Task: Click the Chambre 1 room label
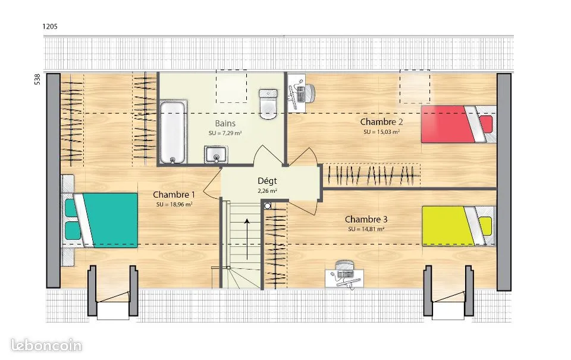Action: (174, 195)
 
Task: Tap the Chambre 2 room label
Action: (382, 122)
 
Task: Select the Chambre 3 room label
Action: (366, 220)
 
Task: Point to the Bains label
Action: (225, 124)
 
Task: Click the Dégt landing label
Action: (267, 181)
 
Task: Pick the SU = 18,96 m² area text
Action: (174, 205)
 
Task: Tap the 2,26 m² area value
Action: (267, 190)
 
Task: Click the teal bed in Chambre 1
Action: (100, 220)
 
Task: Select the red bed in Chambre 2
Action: (459, 124)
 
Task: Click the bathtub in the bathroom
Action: (172, 132)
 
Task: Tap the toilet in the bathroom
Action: (268, 104)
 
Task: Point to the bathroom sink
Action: (215, 155)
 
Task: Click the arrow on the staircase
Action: (247, 239)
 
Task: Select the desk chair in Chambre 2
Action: (309, 93)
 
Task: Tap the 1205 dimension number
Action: (50, 26)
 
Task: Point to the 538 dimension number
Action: (37, 79)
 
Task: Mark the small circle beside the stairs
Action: (268, 206)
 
